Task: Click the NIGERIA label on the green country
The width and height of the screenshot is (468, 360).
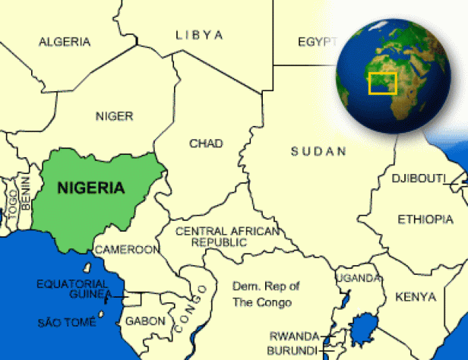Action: point(91,188)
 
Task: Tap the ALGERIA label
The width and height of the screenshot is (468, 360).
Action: point(65,42)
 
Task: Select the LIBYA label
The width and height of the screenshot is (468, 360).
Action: point(199,35)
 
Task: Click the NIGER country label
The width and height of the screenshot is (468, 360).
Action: point(114,116)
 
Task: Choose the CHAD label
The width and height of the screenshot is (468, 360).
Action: point(206,144)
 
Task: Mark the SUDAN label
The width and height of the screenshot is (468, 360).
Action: point(318,152)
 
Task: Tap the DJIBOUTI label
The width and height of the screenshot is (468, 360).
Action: point(418,178)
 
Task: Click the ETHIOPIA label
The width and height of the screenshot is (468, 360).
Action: point(425,219)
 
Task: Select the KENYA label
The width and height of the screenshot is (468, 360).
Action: point(416,296)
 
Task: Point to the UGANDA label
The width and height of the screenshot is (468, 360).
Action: point(358,279)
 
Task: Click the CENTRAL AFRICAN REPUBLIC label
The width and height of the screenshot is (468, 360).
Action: point(226,236)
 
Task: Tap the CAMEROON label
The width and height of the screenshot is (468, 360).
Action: point(127,249)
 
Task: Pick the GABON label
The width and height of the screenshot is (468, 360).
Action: point(145,321)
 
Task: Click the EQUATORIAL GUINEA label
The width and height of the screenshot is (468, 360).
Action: point(74,289)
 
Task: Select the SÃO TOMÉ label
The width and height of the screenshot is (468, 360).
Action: point(67,324)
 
